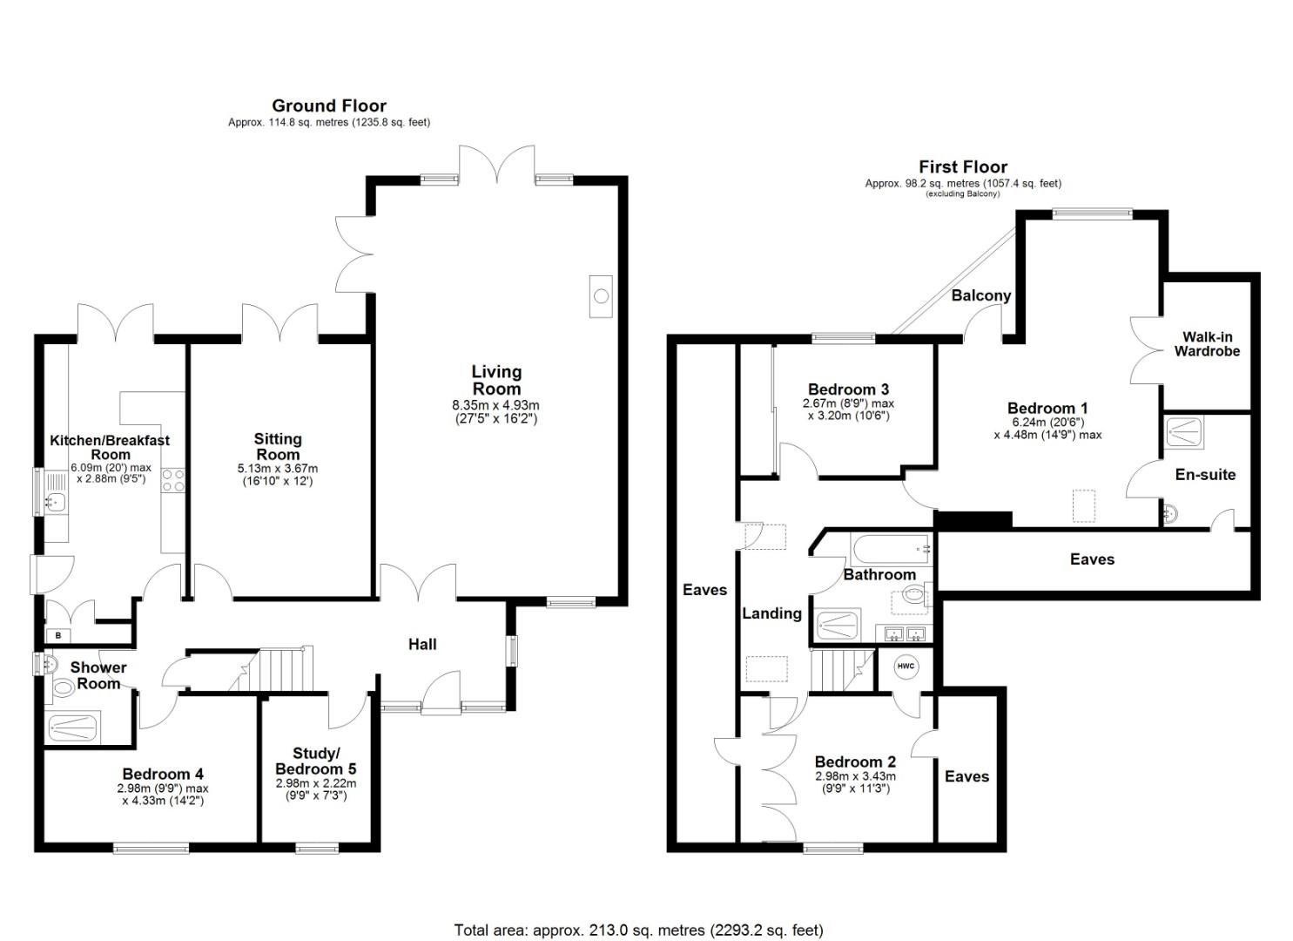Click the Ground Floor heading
point(328,105)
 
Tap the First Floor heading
point(962,166)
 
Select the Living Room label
point(496,380)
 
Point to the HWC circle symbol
point(906,667)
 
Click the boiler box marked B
point(58,636)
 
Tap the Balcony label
point(980,295)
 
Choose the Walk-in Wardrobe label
point(1207,344)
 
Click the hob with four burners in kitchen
point(172,481)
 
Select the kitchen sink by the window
point(55,501)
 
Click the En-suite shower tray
point(1185,430)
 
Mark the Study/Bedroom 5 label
point(315,761)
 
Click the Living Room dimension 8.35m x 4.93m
point(495,405)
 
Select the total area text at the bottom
point(638,930)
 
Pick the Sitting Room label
point(278,446)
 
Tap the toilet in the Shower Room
point(64,688)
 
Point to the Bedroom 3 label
point(847,389)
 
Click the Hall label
point(422,644)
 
